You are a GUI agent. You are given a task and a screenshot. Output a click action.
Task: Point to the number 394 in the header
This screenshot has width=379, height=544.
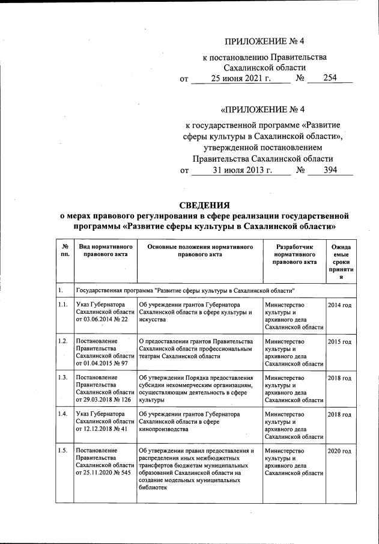[x=329, y=170]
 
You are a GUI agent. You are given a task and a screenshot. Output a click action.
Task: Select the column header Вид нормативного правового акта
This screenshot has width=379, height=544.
[x=102, y=250]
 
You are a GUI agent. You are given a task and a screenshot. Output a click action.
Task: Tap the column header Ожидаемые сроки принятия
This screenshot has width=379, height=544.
[x=341, y=262]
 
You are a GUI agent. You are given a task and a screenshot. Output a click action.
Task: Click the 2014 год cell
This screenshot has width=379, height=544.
[x=340, y=305]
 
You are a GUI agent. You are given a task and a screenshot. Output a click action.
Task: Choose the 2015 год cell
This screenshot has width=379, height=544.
[x=340, y=341]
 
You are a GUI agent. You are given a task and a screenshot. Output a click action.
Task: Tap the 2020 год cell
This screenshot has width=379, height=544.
[x=340, y=451]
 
